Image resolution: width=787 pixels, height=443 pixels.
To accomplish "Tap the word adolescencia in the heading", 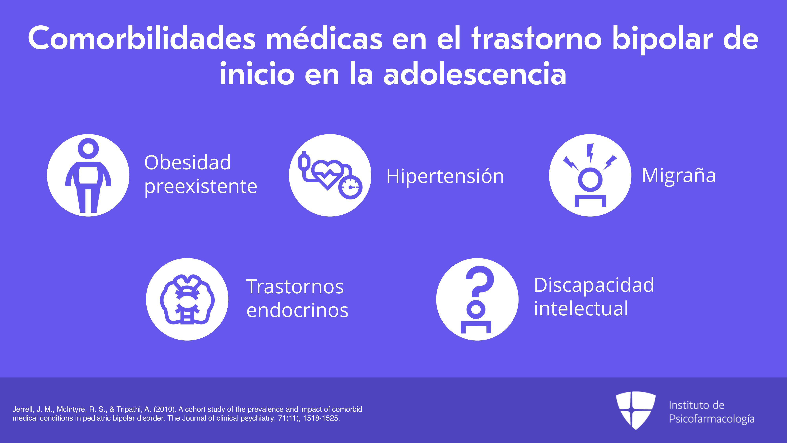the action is click(x=475, y=74).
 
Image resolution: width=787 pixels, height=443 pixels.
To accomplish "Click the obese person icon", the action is click(x=88, y=175).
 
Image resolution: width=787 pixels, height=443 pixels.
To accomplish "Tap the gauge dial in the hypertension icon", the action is click(x=351, y=187).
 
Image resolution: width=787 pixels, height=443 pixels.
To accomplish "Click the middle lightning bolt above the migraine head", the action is click(x=590, y=154).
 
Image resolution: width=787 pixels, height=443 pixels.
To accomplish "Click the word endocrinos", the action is click(x=297, y=310).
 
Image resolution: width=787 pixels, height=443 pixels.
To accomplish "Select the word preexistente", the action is click(x=200, y=186).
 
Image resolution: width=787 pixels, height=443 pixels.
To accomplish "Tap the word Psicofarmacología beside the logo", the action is click(x=711, y=419).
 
